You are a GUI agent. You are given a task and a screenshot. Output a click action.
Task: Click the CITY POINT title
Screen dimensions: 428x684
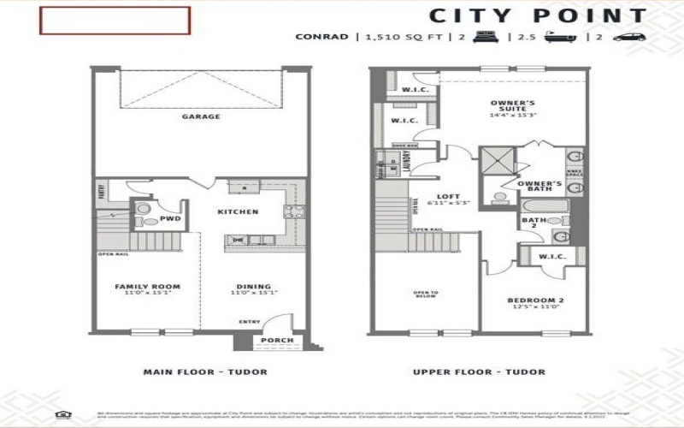click(x=537, y=15)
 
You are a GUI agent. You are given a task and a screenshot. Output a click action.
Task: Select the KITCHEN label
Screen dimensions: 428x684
click(x=232, y=211)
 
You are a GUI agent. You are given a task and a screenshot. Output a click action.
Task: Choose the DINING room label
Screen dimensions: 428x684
click(x=254, y=287)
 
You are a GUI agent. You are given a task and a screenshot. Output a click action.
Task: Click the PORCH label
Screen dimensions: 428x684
click(x=278, y=341)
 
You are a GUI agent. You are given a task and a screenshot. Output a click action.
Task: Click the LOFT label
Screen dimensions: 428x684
click(x=441, y=195)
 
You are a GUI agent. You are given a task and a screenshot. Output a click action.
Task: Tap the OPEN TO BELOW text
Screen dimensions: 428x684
click(x=425, y=294)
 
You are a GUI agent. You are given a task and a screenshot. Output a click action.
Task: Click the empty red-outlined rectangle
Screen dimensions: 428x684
click(x=114, y=21)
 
